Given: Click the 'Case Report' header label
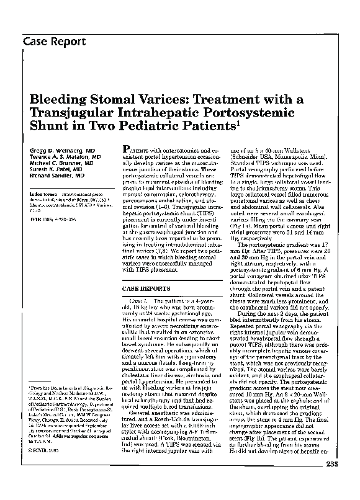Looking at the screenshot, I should [x=54, y=42].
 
